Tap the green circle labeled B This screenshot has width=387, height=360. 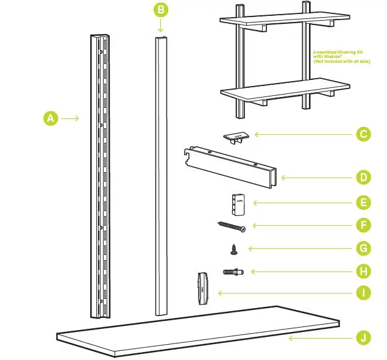[x=160, y=10]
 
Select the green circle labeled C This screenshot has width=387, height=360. [x=363, y=134]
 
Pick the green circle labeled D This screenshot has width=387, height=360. [x=363, y=178]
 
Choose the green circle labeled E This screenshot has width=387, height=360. [x=363, y=202]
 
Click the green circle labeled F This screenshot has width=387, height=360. [x=363, y=225]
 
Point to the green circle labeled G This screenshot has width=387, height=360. [x=363, y=248]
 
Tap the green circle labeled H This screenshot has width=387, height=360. [x=363, y=271]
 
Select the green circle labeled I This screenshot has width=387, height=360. [x=363, y=293]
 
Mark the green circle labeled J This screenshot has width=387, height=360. [x=363, y=337]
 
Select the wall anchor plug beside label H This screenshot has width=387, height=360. [x=233, y=271]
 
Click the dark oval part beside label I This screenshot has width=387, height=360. [x=204, y=288]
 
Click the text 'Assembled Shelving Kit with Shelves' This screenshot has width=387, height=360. [x=341, y=56]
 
